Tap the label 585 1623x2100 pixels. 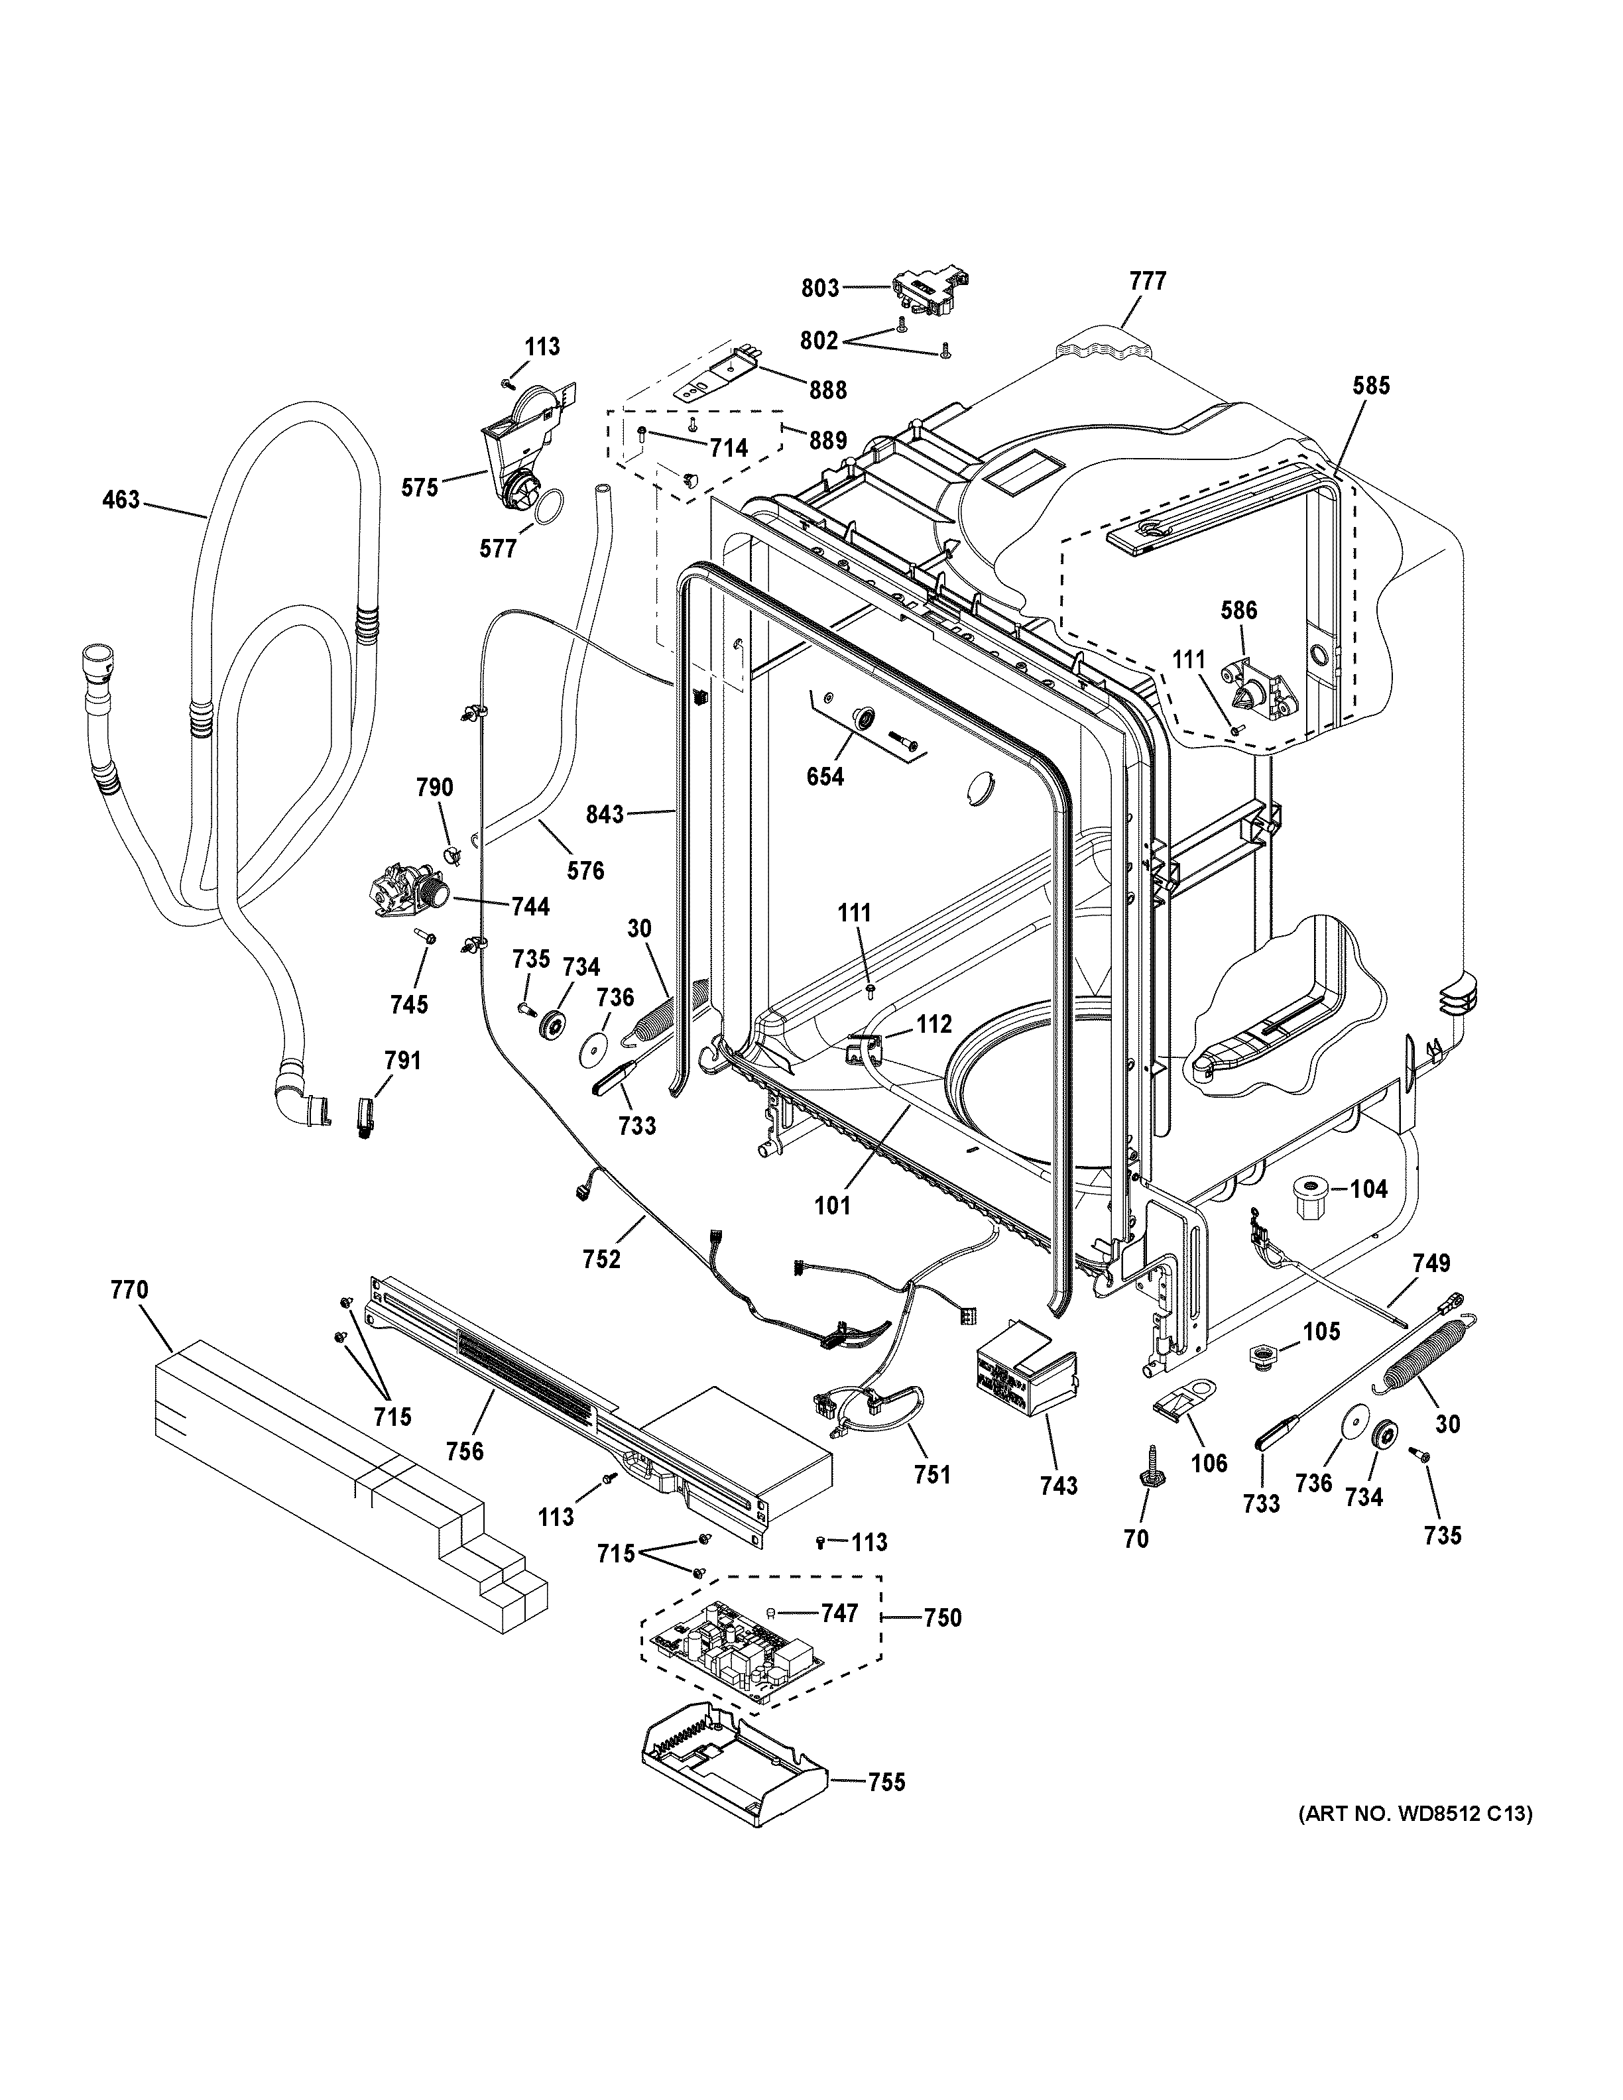[x=1370, y=386]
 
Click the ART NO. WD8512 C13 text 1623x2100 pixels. [x=1414, y=1814]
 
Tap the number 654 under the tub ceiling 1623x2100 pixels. [x=825, y=776]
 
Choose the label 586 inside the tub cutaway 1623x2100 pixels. [x=1238, y=610]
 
